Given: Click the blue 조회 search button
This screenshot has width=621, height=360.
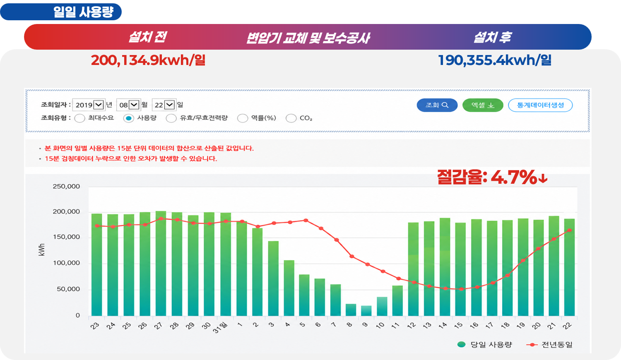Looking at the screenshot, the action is coord(437,105).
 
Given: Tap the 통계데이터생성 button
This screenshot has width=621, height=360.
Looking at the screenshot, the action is coord(540,105).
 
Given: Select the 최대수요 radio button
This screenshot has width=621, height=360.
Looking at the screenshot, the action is coord(79,118).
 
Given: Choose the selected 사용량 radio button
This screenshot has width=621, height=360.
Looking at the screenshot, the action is coord(129,118).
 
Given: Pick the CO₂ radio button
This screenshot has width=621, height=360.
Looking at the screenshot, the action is coord(291,118).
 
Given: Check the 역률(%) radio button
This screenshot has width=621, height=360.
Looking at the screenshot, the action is coord(242,118).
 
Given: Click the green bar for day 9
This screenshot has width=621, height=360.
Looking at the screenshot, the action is coord(366,311).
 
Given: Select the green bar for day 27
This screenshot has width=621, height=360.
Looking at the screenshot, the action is coord(161,264).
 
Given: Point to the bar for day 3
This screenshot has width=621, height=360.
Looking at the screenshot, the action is coord(273,278).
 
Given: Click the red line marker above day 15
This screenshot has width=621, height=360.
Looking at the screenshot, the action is coord(461,289).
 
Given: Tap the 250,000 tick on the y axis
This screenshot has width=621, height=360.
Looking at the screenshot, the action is coord(66,186).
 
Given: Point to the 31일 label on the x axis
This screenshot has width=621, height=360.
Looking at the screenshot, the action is coord(220,327).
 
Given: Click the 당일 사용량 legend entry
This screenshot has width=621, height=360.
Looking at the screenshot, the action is coord(484,345).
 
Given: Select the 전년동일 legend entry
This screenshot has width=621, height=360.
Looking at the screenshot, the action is coord(549,345).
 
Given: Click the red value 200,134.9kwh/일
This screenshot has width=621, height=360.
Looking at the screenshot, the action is coord(148,60).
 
